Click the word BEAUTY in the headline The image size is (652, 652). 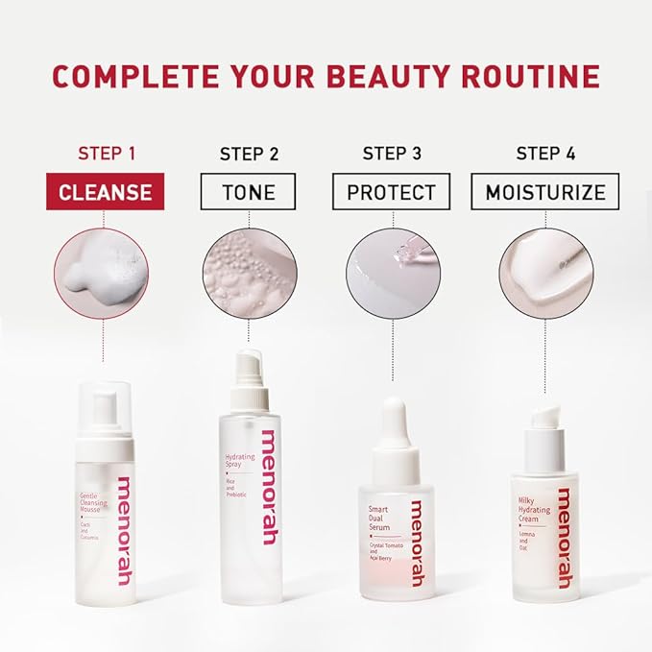383,76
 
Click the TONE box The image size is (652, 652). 249,192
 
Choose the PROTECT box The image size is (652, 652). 391,192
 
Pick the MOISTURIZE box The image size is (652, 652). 544,192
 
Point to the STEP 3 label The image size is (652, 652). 391,154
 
